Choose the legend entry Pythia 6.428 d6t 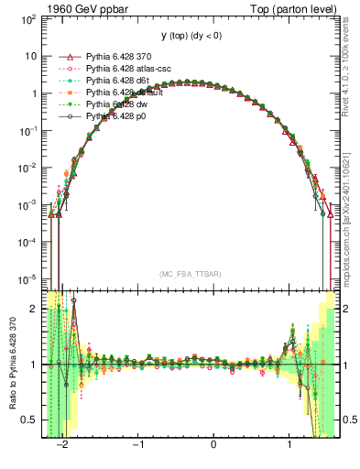click(117, 81)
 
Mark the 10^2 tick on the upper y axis click(29, 18)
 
